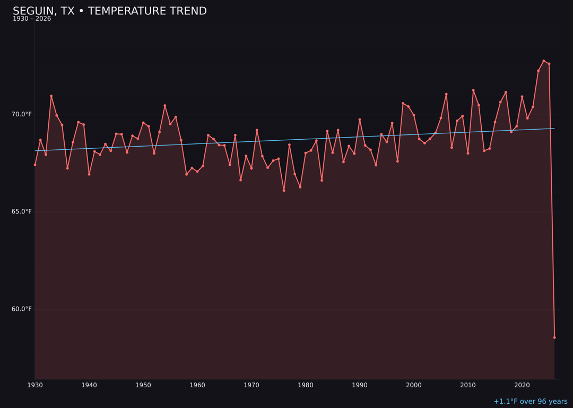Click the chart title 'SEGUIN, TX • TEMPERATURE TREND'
[110, 11]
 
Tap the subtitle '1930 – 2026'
[32, 19]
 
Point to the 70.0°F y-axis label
[22, 114]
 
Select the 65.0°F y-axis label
[22, 211]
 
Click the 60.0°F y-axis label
[22, 309]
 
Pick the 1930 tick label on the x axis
[35, 385]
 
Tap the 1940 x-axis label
[89, 385]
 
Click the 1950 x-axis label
[143, 385]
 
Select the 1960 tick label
[197, 385]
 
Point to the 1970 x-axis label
[251, 385]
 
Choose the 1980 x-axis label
[306, 385]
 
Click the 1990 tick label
[360, 385]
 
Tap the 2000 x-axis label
[414, 385]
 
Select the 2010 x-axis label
[468, 385]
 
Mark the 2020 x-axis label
[522, 385]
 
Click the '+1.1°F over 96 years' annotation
[530, 402]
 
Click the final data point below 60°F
[554, 337]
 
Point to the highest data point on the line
[543, 61]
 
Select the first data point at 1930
[35, 165]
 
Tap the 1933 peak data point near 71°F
[51, 96]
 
